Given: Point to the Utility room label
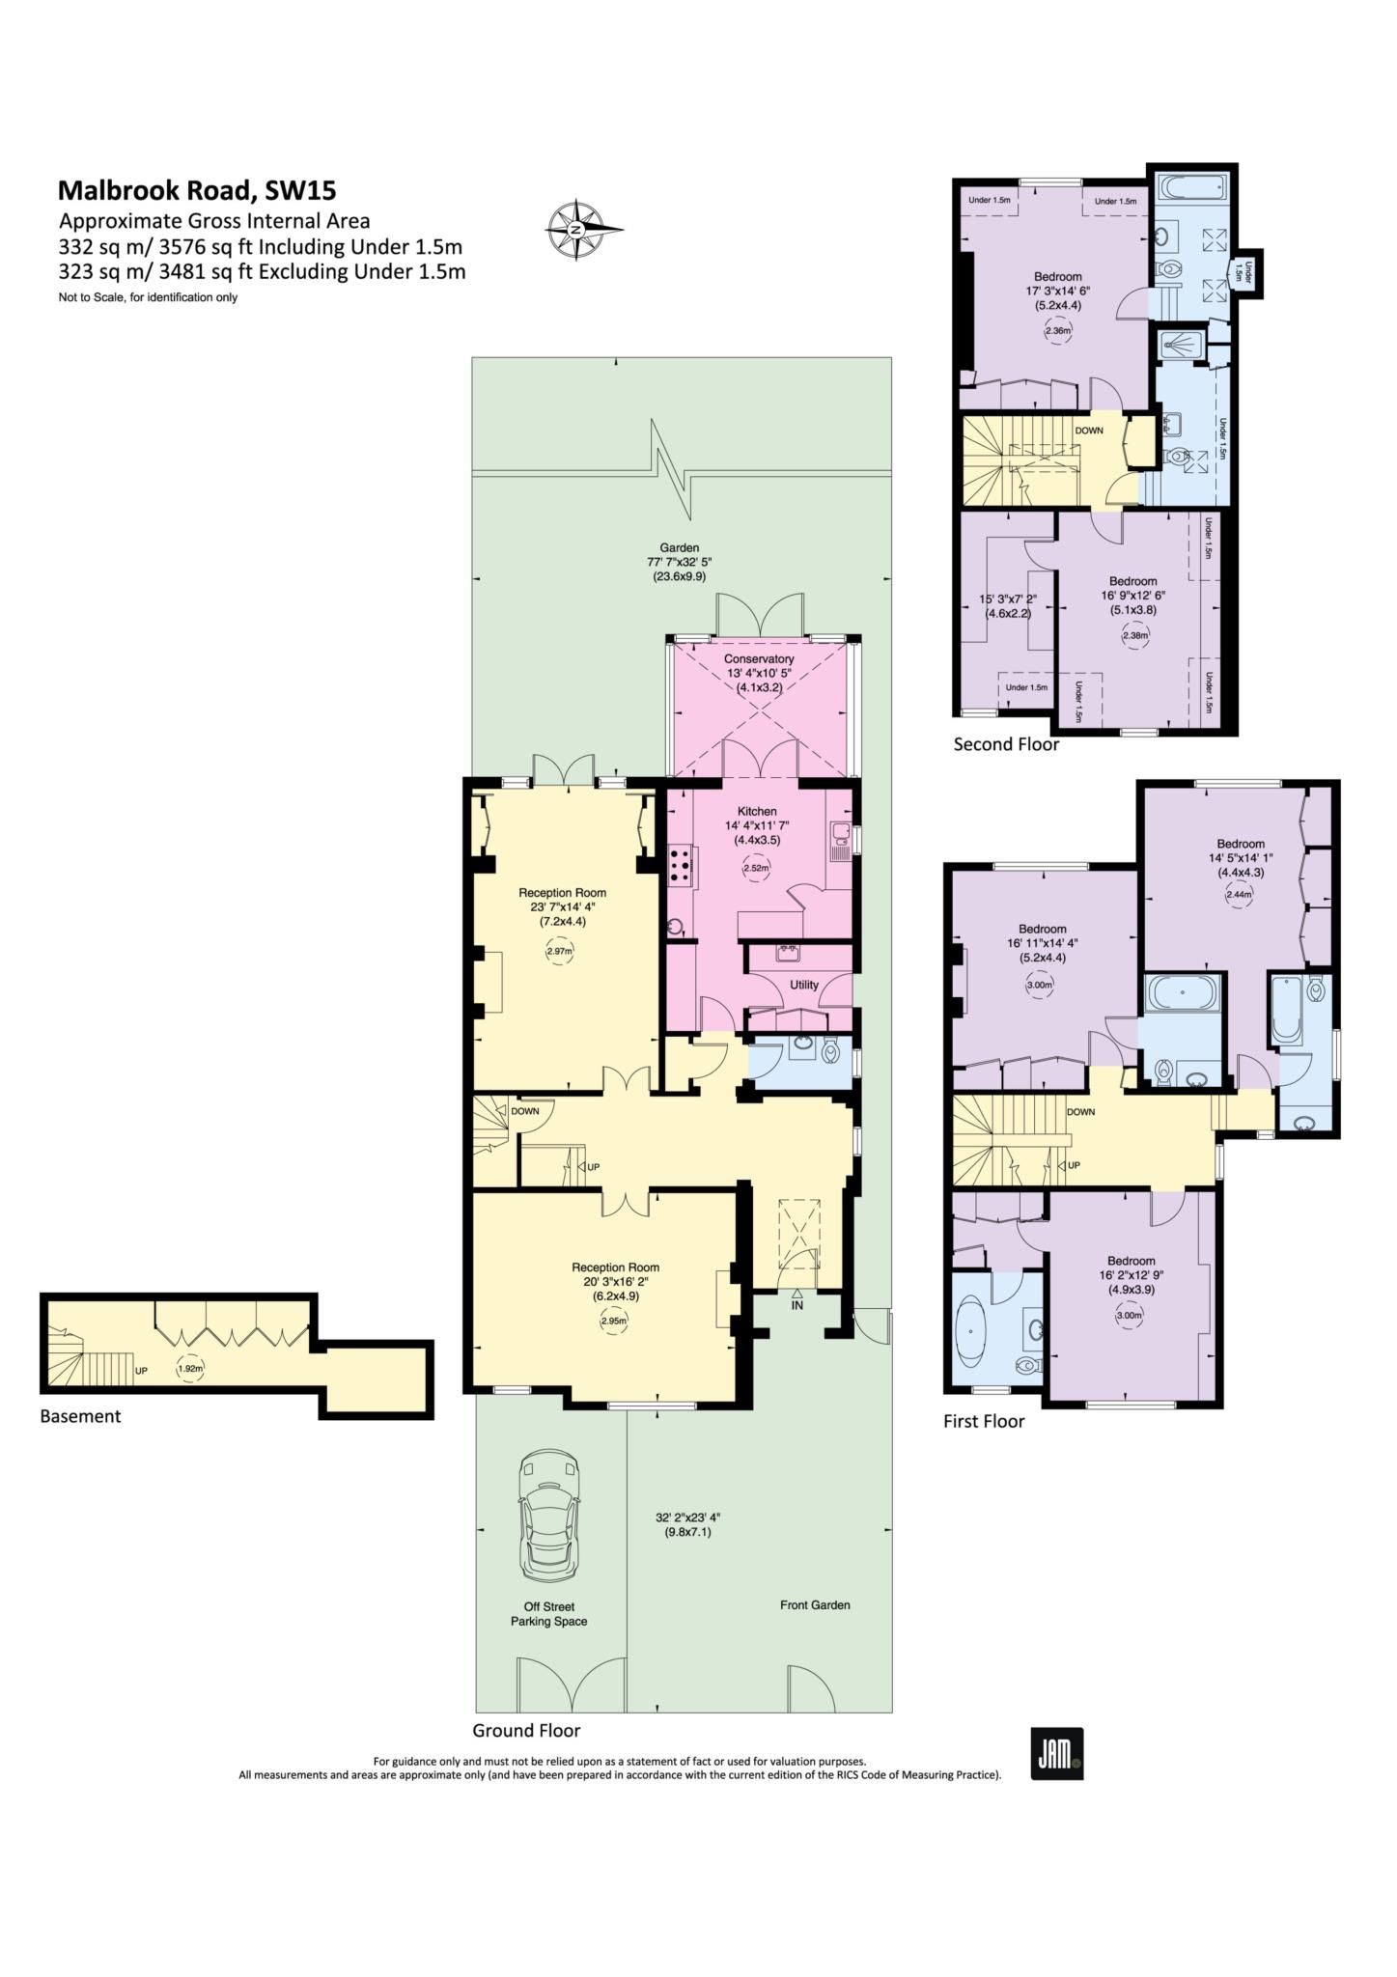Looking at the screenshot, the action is [804, 985].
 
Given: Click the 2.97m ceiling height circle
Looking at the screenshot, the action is [560, 951].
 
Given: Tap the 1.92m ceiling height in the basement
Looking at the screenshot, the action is [190, 1368].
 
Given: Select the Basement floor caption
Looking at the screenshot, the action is [81, 1416].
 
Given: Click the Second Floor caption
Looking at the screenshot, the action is [1006, 744].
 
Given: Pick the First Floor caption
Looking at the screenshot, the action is [984, 1421].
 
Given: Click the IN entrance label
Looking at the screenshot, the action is [796, 1305].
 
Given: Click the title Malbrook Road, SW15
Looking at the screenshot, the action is [197, 189].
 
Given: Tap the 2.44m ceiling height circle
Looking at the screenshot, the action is [1239, 894].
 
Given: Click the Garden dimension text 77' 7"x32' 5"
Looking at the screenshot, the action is [681, 562].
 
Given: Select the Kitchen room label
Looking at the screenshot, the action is [757, 811].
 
